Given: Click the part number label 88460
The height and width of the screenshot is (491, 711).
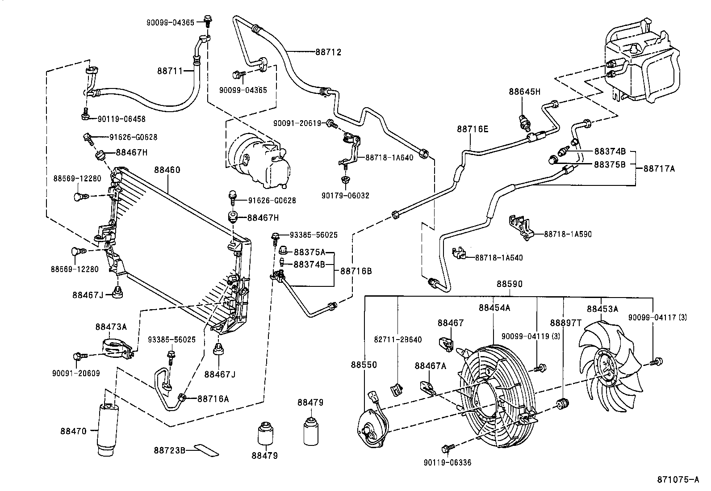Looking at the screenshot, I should pyautogui.click(x=167, y=170).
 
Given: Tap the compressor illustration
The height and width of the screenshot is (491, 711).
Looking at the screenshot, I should pyautogui.click(x=257, y=163).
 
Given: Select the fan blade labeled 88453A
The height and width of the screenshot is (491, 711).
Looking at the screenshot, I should pyautogui.click(x=610, y=364).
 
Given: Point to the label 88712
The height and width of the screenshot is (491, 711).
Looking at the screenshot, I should pyautogui.click(x=328, y=52).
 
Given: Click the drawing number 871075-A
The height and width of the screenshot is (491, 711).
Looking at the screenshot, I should pyautogui.click(x=678, y=480).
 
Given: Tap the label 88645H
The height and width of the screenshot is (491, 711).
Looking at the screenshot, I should pyautogui.click(x=524, y=92).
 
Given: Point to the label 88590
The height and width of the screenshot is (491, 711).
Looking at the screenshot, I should pyautogui.click(x=510, y=284).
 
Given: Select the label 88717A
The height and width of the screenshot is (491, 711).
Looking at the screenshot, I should pyautogui.click(x=659, y=169).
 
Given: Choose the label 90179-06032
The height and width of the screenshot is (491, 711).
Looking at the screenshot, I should pyautogui.click(x=345, y=196).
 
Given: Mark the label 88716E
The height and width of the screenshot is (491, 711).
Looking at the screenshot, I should pyautogui.click(x=473, y=130).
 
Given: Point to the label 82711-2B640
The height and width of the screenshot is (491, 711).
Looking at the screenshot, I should pyautogui.click(x=397, y=340).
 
